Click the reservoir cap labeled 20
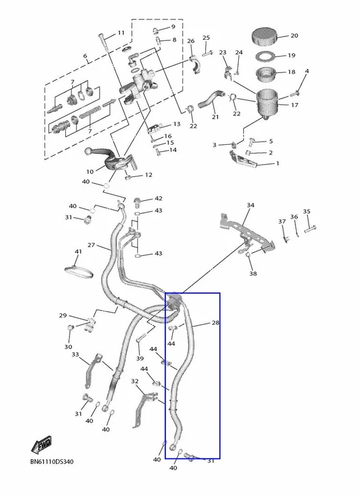265,37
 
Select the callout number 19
292,55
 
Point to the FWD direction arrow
41,444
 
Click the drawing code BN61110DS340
52,462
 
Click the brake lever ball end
90,152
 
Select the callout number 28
216,322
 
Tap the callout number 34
251,205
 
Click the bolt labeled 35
310,229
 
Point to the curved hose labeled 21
210,99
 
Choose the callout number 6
85,56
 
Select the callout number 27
91,245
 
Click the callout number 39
140,358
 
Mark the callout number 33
75,354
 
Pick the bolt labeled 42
138,201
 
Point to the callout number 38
253,273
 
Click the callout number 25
206,38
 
